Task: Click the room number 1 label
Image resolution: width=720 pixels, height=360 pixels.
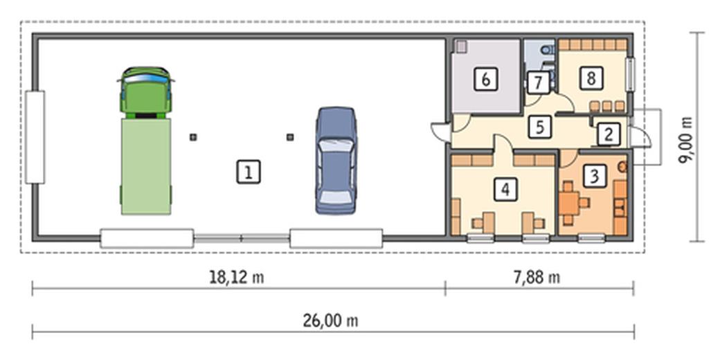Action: (x=248, y=171)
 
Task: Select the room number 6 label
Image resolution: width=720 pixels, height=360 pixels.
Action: (x=485, y=80)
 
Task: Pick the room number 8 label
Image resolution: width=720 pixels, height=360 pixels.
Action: (x=590, y=78)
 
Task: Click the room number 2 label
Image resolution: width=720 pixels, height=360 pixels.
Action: (x=607, y=134)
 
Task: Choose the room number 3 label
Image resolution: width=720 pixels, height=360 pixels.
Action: (x=593, y=176)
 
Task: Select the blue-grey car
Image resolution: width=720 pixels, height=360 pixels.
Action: (x=336, y=160)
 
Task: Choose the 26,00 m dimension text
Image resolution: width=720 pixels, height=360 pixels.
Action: (x=330, y=321)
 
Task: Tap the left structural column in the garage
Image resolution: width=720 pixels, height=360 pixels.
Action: (x=194, y=137)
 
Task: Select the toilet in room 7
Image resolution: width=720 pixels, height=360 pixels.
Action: (x=547, y=50)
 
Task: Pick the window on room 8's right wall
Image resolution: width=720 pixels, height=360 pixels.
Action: (x=630, y=74)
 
